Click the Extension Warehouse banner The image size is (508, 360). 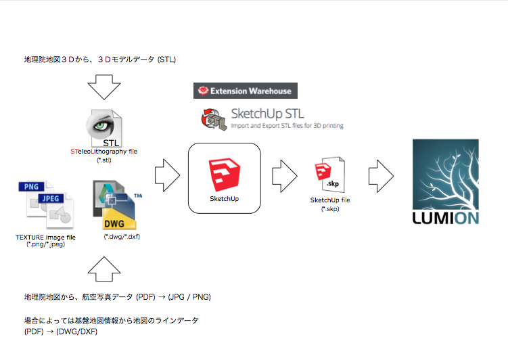(245, 91)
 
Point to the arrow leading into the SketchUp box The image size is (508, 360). (167, 177)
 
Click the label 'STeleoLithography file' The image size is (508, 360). (103, 152)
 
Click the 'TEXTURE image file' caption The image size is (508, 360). (45, 237)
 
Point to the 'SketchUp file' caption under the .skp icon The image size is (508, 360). (329, 200)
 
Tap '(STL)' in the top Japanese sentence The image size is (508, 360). (166, 60)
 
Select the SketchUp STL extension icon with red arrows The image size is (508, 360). (213, 117)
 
